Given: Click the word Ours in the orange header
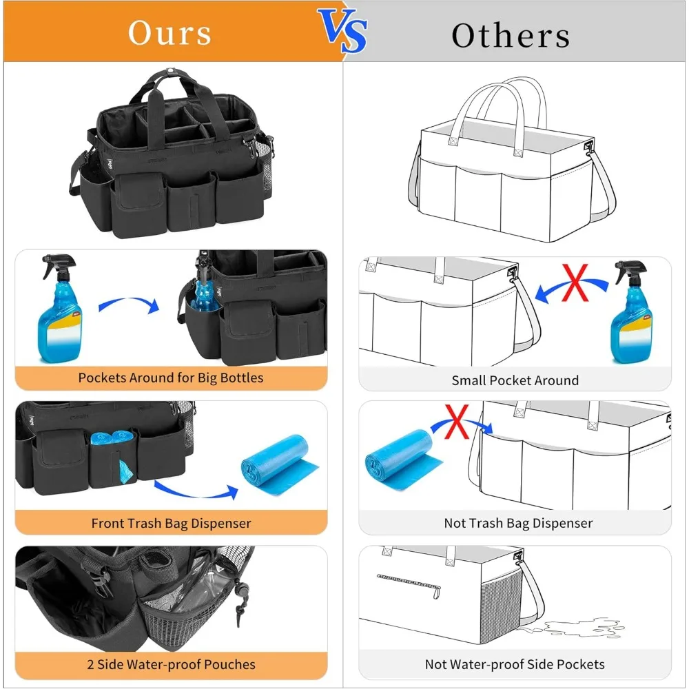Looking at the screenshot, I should point(169,32).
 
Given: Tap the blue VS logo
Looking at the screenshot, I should point(342,32).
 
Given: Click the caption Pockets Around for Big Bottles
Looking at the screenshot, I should point(170,378).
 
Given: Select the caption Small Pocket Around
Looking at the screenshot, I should point(515,380).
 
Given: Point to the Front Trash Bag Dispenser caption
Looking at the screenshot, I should point(171,523).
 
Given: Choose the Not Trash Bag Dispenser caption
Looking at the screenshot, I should point(518,523).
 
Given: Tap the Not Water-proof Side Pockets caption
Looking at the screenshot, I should point(515,664).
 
